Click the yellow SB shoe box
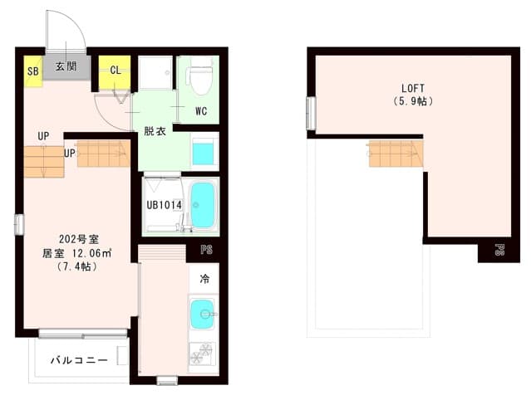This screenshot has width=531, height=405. click(x=32, y=71)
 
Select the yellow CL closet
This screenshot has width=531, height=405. click(x=116, y=70)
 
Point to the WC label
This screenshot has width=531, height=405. click(x=201, y=110)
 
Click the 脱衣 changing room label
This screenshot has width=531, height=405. click(x=155, y=130)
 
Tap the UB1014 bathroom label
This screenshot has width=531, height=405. click(x=164, y=204)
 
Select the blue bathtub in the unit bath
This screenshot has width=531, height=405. click(x=203, y=204)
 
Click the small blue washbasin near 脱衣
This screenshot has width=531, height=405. click(x=204, y=153)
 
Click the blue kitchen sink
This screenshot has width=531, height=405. click(x=203, y=314)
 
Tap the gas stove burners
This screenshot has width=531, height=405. click(x=202, y=354)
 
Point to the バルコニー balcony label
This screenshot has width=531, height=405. click(x=79, y=361)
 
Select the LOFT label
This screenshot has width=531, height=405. click(x=413, y=87)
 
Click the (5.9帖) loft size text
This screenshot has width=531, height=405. click(x=413, y=101)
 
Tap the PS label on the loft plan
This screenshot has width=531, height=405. click(x=499, y=249)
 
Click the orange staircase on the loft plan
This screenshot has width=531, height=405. click(x=396, y=153)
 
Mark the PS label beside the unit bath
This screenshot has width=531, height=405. click(x=205, y=248)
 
